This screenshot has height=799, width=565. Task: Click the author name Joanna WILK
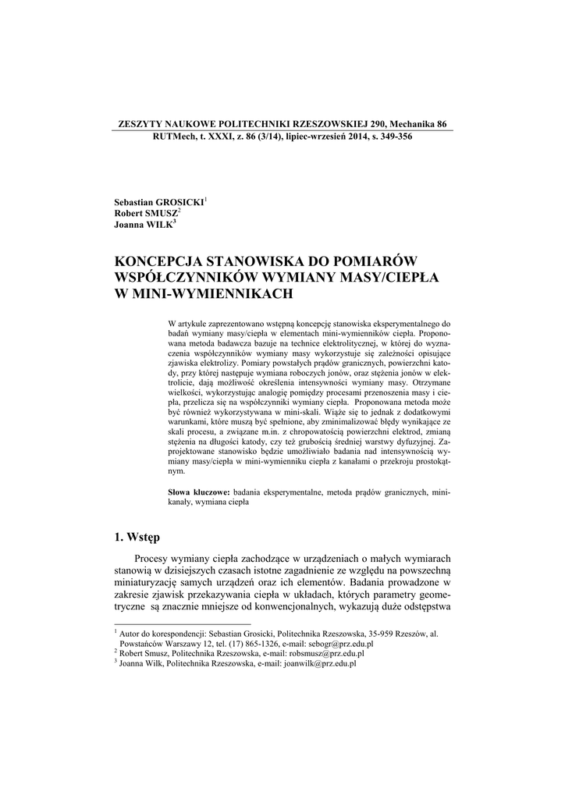pos(144,224)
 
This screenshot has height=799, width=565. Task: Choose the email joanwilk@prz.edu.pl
pos(318,663)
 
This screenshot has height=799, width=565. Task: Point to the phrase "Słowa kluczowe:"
pos(199,493)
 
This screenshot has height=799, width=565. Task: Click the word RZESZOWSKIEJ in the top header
pos(315,124)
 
